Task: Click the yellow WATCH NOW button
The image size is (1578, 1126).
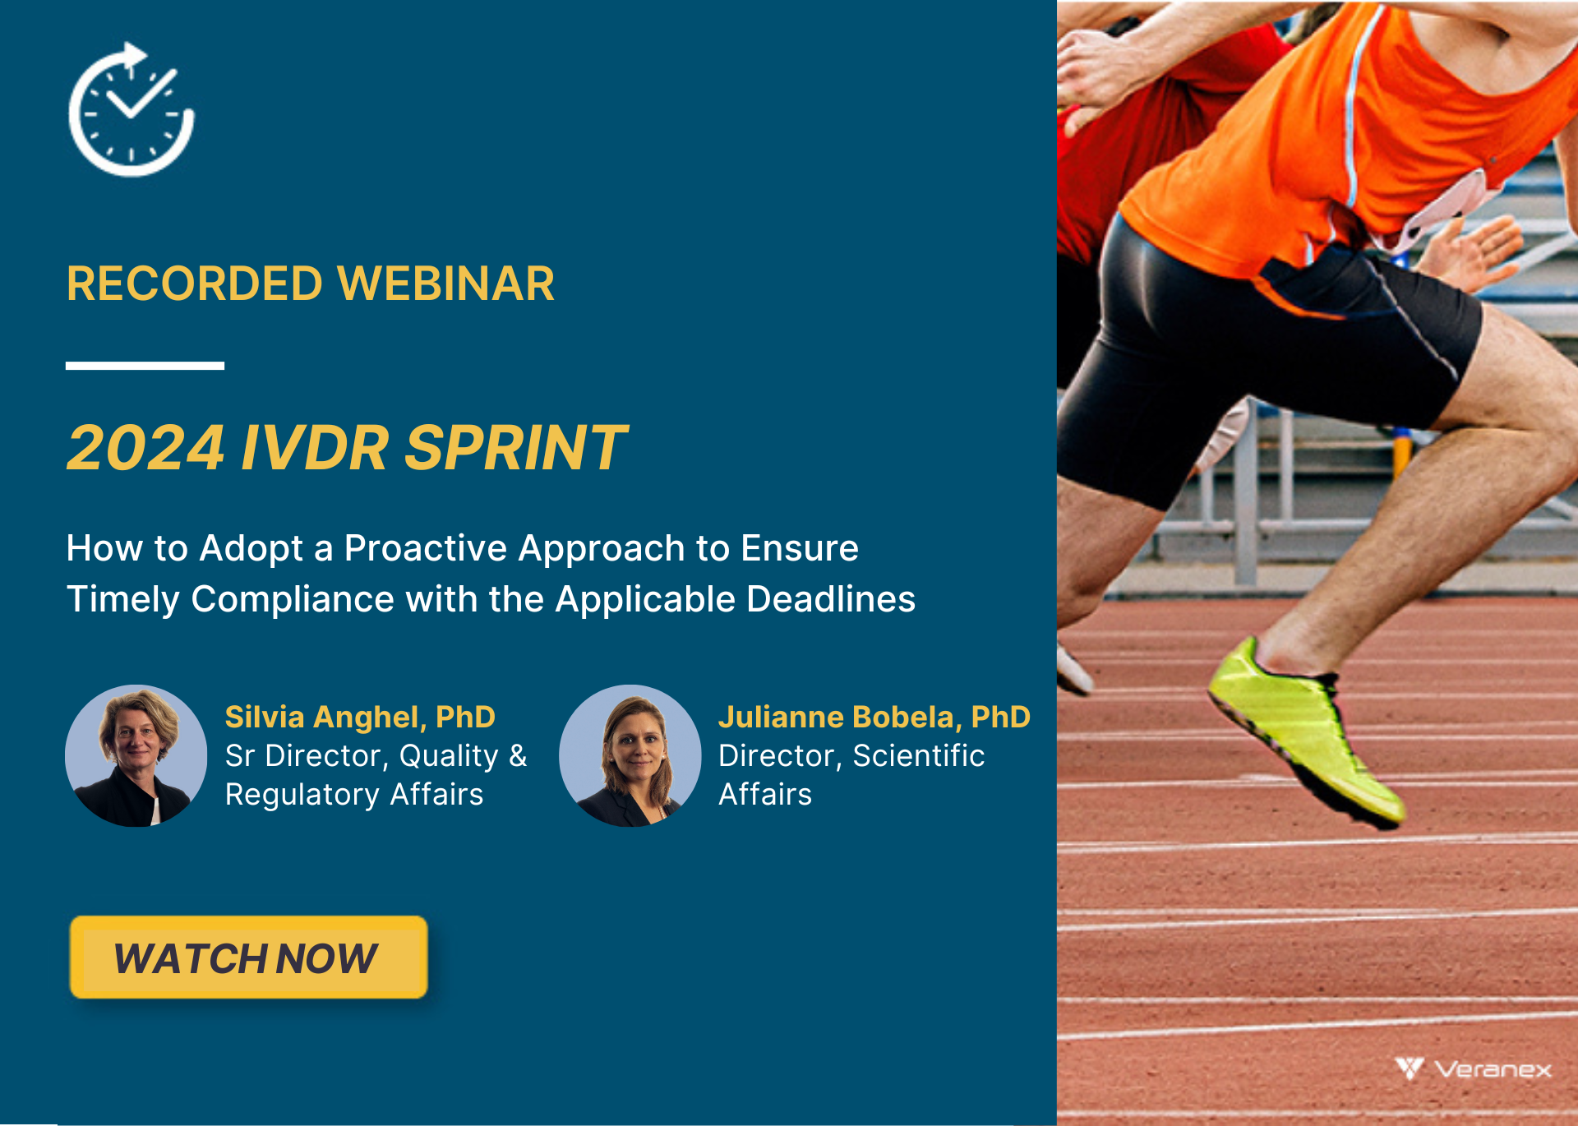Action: click(249, 958)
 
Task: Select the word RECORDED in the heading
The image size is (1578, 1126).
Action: click(195, 284)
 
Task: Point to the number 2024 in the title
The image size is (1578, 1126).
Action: click(145, 448)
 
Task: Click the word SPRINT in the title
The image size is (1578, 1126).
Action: click(516, 448)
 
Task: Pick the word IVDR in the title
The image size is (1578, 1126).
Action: click(315, 448)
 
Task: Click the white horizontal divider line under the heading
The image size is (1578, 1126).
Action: click(145, 366)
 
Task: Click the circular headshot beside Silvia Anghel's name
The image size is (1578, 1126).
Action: click(136, 755)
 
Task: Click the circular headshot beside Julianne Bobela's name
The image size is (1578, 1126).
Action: click(630, 755)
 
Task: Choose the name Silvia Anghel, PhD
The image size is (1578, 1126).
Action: click(360, 717)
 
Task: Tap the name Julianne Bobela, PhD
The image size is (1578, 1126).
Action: click(874, 717)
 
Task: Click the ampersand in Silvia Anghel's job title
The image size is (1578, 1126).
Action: click(518, 755)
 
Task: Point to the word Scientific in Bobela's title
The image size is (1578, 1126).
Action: click(919, 755)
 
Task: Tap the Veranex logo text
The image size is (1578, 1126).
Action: click(1493, 1069)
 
